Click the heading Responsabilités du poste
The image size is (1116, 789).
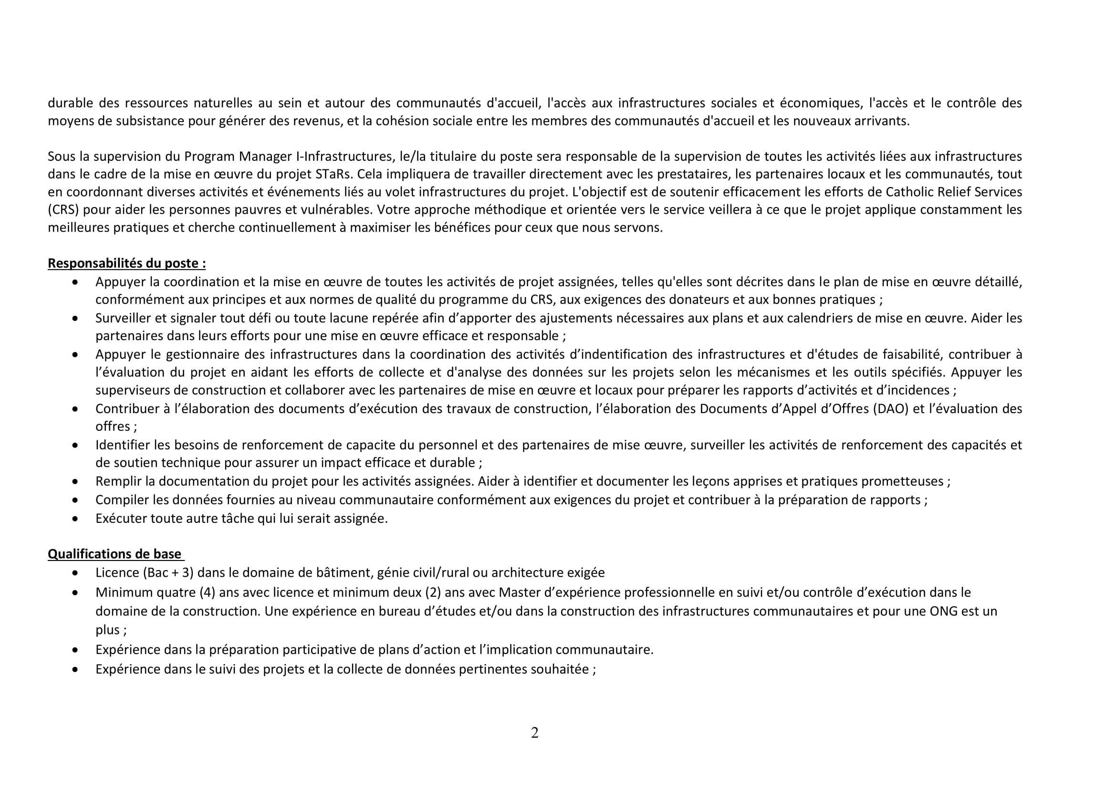[126, 263]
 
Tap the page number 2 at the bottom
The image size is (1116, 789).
[535, 733]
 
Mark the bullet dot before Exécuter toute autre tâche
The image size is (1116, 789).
[75, 519]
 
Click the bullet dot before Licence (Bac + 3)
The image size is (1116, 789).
[75, 573]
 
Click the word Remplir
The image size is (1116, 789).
[118, 481]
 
